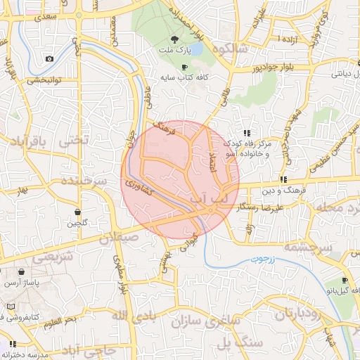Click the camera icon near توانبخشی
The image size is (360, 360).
(49, 58)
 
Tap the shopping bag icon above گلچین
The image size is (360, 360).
(77, 212)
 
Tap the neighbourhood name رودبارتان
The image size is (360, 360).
(299, 314)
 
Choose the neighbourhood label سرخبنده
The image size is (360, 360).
(83, 181)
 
